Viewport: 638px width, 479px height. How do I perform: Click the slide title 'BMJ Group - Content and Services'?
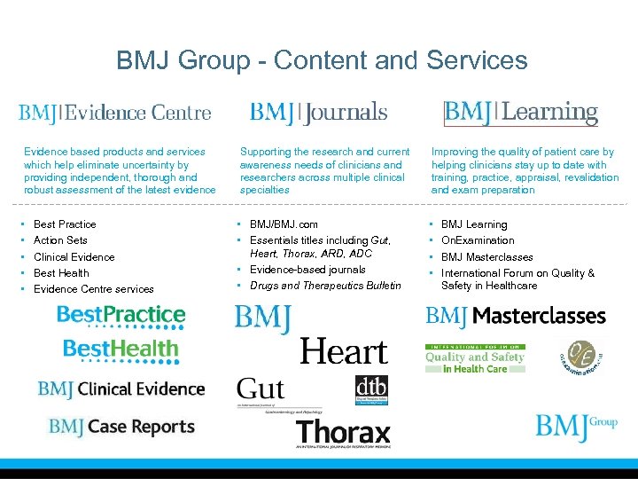point(322,60)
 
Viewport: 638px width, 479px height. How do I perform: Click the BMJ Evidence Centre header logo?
point(115,113)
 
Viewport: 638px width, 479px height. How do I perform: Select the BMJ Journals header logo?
point(318,113)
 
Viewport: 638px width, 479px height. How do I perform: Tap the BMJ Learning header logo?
point(520,113)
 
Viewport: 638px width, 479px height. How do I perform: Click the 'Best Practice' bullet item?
point(65,224)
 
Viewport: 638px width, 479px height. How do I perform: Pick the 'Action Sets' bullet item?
point(60,240)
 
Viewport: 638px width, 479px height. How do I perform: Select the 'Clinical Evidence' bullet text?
point(74,257)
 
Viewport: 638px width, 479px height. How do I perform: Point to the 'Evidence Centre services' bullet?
point(93,289)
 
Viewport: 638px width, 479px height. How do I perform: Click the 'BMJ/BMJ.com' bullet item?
point(284,224)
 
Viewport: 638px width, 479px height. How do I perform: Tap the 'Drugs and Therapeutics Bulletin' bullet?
point(325,286)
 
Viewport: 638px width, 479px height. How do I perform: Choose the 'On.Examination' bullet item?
point(478,240)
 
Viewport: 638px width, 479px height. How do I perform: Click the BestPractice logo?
point(121,315)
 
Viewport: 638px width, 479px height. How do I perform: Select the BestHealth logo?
point(121,349)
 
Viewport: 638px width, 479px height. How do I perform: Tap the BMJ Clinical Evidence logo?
point(121,389)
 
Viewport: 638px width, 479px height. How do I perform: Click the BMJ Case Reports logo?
point(121,427)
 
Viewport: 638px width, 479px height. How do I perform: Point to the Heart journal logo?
point(344,351)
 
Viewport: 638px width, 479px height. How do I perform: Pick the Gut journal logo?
point(261,389)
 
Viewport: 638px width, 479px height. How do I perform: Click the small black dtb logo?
point(370,390)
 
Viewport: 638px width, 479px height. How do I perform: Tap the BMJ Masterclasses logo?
point(516,316)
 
